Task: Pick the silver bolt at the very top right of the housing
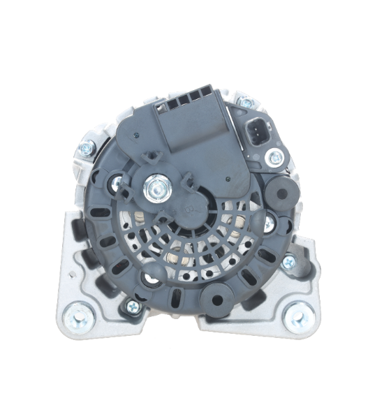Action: (245, 103)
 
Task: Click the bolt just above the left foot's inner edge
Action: (130, 306)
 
